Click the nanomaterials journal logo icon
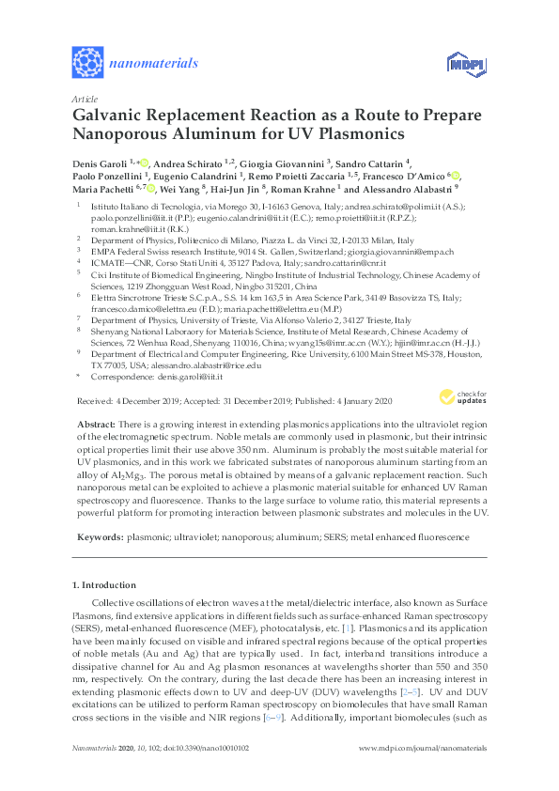[x=87, y=62]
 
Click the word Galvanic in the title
[x=112, y=115]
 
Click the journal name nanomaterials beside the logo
[x=153, y=63]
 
